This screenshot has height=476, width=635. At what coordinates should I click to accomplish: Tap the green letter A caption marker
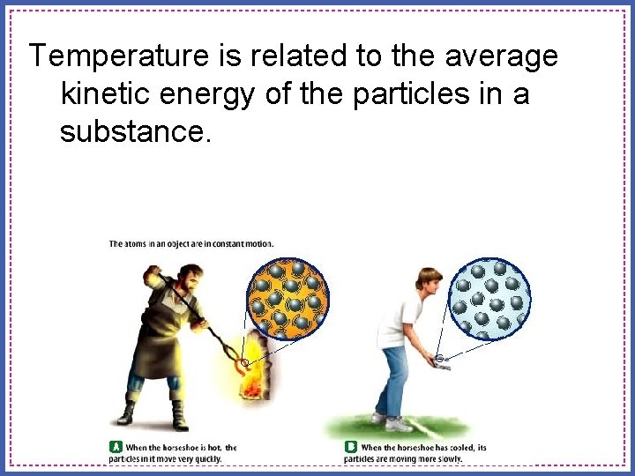(115, 448)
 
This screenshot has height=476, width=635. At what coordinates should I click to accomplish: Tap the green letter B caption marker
(350, 448)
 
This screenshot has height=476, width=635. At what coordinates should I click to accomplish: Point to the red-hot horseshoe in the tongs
(243, 362)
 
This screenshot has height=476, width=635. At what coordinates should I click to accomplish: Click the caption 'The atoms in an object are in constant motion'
(190, 243)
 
